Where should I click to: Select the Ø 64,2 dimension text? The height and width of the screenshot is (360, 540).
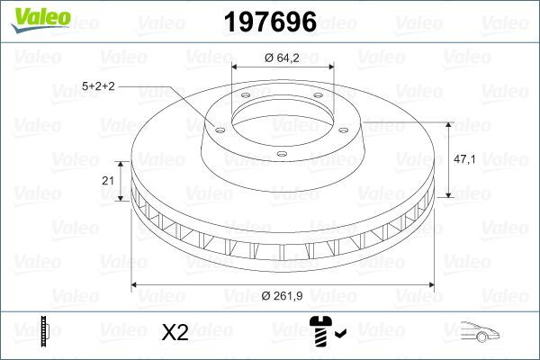283,57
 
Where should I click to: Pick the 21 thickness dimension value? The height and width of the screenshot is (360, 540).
108,181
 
